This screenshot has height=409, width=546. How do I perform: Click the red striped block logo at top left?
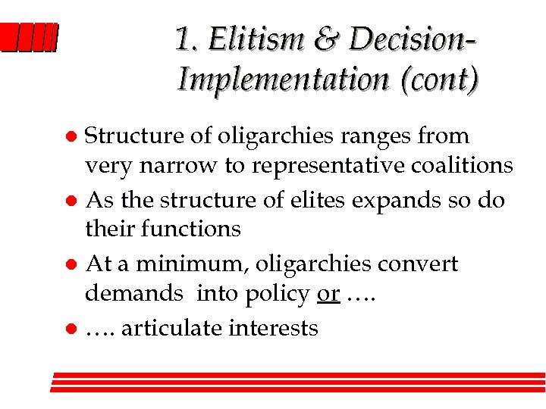click(29, 38)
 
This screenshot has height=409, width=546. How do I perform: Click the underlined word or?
click(328, 293)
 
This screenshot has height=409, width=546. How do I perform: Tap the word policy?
click(278, 294)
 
